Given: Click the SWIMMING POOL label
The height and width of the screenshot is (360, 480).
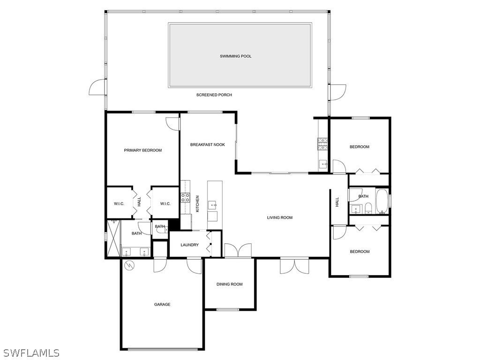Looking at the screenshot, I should (x=236, y=56).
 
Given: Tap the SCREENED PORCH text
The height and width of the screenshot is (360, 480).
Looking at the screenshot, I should (x=214, y=95).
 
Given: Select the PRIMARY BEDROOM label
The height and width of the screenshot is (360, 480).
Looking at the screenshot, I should (x=142, y=150).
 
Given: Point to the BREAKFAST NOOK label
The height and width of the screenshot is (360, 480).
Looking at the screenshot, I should (x=207, y=145).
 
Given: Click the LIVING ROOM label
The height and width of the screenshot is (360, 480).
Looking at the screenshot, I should (x=280, y=217).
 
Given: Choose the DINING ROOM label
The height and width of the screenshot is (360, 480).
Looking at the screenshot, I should (x=229, y=284).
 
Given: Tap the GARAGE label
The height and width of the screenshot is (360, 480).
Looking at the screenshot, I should (x=162, y=305).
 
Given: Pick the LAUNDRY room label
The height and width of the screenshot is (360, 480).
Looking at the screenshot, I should (x=190, y=245).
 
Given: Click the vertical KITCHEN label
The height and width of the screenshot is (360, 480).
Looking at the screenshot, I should (x=198, y=204).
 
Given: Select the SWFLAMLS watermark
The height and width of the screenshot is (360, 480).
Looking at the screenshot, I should (x=31, y=352).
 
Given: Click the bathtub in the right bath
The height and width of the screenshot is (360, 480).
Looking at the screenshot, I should (x=382, y=202).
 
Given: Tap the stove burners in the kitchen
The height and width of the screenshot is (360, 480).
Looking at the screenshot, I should (x=185, y=198).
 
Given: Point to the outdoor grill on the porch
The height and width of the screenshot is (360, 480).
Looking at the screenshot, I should (x=323, y=143).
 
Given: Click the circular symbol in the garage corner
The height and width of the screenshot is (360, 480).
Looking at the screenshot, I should (x=129, y=266).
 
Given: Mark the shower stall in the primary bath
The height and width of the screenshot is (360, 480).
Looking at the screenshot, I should (x=113, y=239).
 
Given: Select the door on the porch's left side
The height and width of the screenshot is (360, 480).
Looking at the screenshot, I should (x=97, y=87).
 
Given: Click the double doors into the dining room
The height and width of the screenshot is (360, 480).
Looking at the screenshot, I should (x=238, y=251).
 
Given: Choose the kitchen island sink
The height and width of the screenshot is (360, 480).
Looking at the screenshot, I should (x=213, y=204).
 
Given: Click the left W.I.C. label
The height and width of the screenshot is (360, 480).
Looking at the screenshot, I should (x=119, y=203).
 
